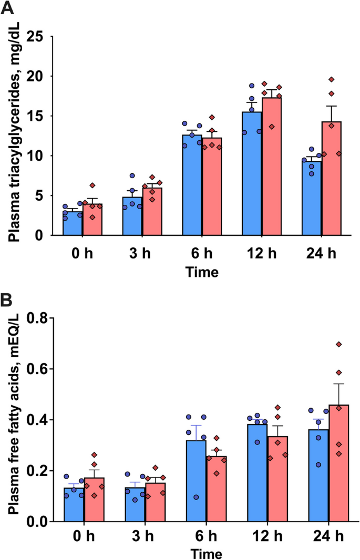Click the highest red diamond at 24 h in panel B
click(338, 345)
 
